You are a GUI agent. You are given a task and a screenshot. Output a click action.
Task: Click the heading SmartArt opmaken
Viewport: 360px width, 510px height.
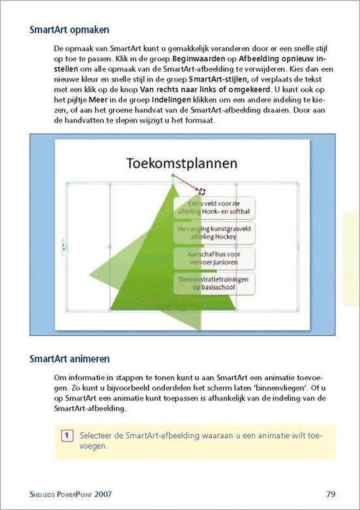click(x=69, y=30)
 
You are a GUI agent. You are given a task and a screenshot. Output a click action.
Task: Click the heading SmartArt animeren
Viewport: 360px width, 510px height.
click(x=69, y=359)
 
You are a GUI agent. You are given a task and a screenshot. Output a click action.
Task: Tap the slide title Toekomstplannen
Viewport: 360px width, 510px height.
click(x=182, y=163)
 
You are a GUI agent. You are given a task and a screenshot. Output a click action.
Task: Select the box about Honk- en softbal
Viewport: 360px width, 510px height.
click(x=214, y=207)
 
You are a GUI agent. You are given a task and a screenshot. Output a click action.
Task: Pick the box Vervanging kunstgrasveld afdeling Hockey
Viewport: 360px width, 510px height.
click(x=214, y=232)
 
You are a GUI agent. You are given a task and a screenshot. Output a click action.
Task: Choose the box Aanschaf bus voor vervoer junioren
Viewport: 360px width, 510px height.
click(x=214, y=258)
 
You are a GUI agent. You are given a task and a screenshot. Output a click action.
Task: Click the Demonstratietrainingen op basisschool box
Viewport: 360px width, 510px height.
click(x=214, y=283)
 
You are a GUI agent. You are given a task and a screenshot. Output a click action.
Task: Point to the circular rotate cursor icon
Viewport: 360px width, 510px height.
click(x=202, y=192)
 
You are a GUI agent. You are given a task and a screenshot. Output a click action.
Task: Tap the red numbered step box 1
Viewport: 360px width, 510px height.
click(x=66, y=436)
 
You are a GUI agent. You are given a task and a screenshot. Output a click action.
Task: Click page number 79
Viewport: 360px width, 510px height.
click(x=331, y=494)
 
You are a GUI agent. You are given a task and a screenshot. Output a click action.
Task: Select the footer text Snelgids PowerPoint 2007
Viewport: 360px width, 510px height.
click(x=71, y=494)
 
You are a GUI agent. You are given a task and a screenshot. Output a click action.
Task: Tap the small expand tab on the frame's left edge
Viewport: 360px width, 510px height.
click(x=64, y=247)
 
